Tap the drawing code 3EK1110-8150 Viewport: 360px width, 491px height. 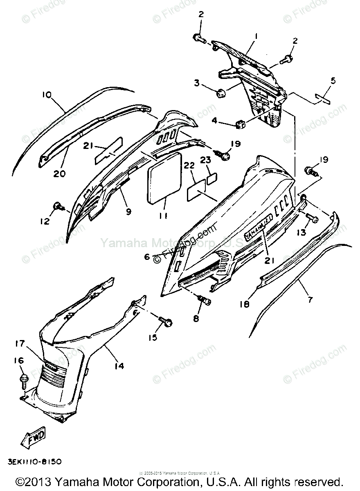click(34, 462)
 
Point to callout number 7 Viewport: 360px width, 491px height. click(310, 300)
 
